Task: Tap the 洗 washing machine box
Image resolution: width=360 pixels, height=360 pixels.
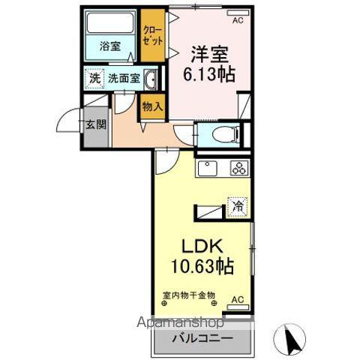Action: (x=95, y=78)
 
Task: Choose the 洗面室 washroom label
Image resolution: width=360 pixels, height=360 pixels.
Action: (x=123, y=78)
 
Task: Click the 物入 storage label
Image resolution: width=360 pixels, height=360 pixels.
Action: (x=152, y=106)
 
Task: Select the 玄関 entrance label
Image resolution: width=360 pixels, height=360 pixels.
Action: (x=94, y=124)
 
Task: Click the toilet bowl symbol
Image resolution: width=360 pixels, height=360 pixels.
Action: (x=225, y=135)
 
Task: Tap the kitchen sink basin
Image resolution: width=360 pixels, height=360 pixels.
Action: (x=207, y=169)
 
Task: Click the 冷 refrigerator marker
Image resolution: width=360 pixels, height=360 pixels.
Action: (x=238, y=205)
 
